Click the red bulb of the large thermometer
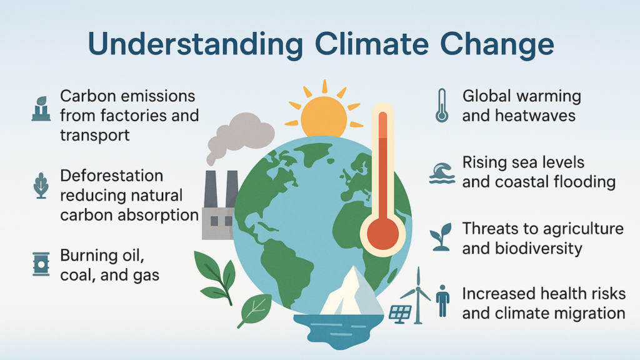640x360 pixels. (382, 234)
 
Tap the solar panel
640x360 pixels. (400, 314)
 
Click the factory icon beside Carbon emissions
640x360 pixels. (41, 109)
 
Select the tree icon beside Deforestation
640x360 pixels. (41, 186)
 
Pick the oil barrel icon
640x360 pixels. (41, 264)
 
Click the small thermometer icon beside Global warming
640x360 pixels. (442, 106)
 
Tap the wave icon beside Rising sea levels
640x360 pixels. (442, 173)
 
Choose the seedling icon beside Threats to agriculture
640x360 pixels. (441, 237)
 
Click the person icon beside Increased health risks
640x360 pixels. (442, 301)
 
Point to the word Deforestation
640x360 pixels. (111, 176)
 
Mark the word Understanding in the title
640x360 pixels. (196, 44)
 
